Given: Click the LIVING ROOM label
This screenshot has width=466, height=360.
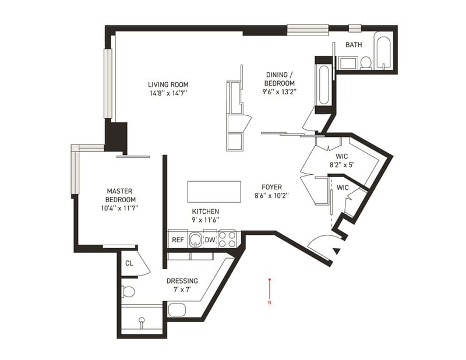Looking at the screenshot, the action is tap(168, 84).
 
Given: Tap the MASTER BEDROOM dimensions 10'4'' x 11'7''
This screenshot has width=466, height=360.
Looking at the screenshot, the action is tap(120, 208).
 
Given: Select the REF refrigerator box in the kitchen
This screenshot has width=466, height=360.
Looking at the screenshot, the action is tap(178, 239).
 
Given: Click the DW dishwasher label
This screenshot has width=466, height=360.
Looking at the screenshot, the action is tap(210, 240).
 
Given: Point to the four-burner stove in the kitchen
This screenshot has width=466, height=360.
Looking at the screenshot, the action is tap(227, 239).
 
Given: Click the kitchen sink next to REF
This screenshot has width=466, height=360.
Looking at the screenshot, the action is tap(195, 239).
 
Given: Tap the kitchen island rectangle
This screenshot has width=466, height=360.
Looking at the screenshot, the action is tap(214, 192).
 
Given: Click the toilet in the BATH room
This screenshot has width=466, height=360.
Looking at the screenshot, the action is tap(366, 63).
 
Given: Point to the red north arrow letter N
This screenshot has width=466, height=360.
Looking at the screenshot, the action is tap(270, 303).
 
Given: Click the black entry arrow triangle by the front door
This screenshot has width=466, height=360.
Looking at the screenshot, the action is tap(337, 251).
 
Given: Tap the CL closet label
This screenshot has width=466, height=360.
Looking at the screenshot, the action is tap(129, 263).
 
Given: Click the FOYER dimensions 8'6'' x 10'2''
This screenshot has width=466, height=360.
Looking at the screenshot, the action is tap(271, 196).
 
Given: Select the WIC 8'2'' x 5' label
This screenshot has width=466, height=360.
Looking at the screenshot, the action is tap(342, 160).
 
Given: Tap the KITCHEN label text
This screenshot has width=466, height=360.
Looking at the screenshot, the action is tap(206, 211).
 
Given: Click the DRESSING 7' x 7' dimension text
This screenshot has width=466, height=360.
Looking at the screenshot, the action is tap(182, 290).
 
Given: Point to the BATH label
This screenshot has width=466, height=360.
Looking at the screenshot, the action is tap(354, 45).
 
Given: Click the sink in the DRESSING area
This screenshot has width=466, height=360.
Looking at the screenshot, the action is tap(177, 310).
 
